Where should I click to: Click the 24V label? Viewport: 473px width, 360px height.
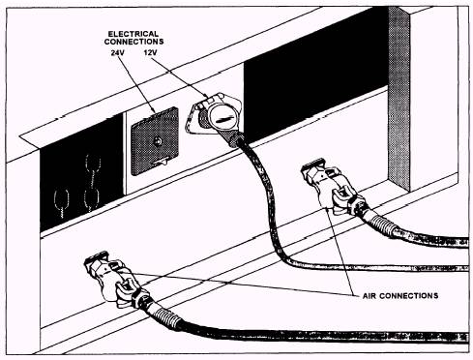117,52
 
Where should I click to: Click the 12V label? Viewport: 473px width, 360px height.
151,52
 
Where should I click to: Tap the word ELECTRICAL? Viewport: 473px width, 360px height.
133,34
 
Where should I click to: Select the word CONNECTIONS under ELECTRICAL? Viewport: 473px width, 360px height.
133,42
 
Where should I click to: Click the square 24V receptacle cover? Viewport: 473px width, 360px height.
155,141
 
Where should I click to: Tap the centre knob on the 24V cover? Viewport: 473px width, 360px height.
158,141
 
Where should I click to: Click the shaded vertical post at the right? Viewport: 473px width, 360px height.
399,97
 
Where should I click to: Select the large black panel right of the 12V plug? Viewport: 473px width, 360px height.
316,75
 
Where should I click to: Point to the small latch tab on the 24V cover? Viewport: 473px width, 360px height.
160,162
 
